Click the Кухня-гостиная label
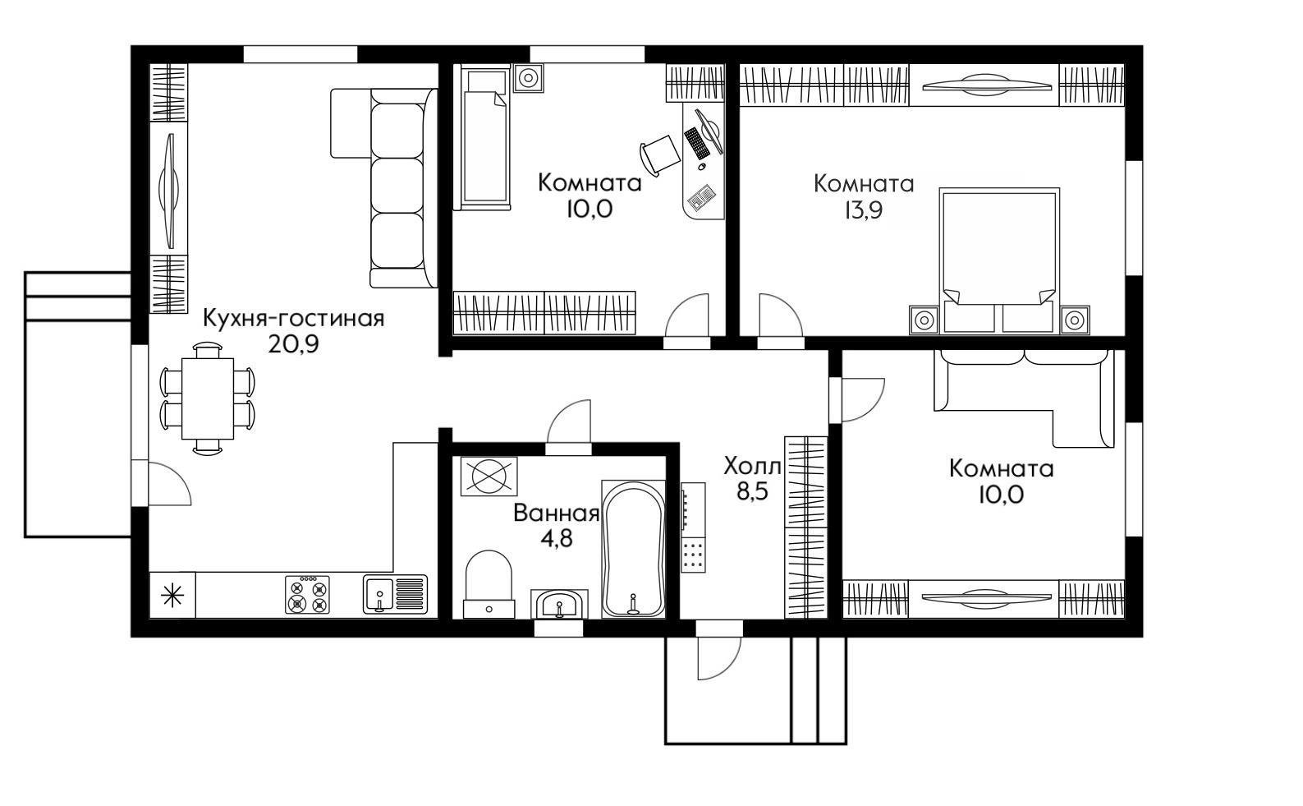[294, 319]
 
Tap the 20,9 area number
[294, 344]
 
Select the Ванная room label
[556, 514]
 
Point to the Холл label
[753, 466]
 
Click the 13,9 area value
[864, 210]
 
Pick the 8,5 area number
[753, 492]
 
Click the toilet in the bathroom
[489, 583]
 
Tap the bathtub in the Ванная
[633, 549]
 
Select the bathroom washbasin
[559, 605]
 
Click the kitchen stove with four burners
[307, 595]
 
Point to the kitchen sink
[396, 595]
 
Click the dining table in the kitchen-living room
[208, 398]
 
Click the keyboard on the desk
[696, 143]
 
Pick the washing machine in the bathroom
[489, 477]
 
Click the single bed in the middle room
[482, 138]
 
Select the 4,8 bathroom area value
[557, 539]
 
